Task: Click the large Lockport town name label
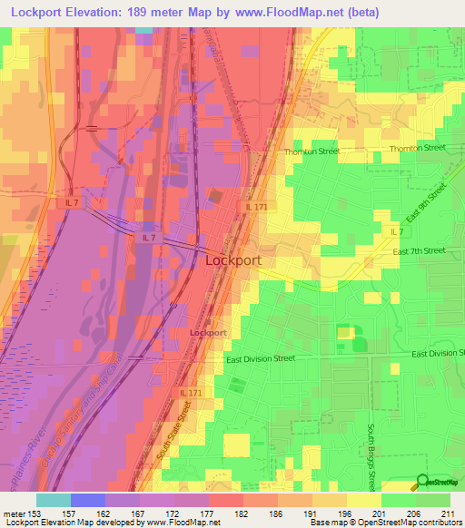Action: coord(234,259)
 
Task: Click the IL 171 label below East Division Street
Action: coord(190,392)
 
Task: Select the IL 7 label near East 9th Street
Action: coord(397,232)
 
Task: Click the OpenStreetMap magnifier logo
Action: coord(422,482)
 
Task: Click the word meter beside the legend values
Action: coord(16,513)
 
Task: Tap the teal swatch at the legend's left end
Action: coord(53,500)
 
